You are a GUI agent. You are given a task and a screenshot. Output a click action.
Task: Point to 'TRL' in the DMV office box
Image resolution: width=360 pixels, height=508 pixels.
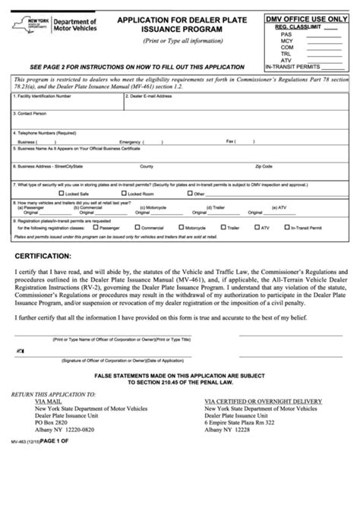click(286, 53)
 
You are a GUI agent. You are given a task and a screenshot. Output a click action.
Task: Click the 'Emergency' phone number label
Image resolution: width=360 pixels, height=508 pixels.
click(130, 141)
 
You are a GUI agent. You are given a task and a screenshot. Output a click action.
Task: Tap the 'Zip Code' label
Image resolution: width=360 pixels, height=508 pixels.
click(264, 166)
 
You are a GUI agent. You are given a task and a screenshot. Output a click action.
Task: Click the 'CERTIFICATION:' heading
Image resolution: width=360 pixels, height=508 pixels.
click(43, 256)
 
